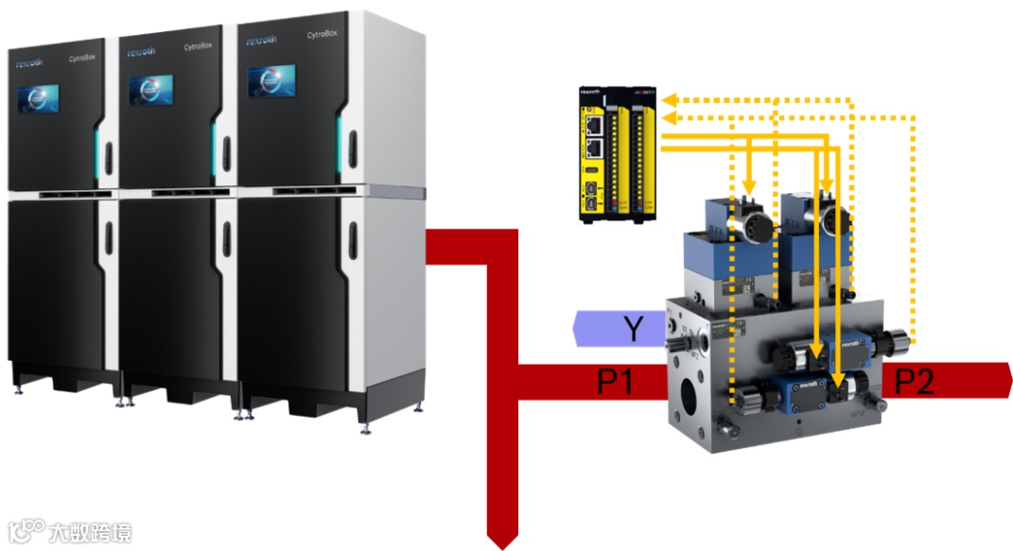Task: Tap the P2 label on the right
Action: [915, 382]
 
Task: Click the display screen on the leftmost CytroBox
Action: [38, 99]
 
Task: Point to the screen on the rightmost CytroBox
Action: [271, 81]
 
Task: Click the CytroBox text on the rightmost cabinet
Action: [324, 36]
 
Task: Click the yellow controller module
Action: [617, 154]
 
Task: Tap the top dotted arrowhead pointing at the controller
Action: [667, 98]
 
